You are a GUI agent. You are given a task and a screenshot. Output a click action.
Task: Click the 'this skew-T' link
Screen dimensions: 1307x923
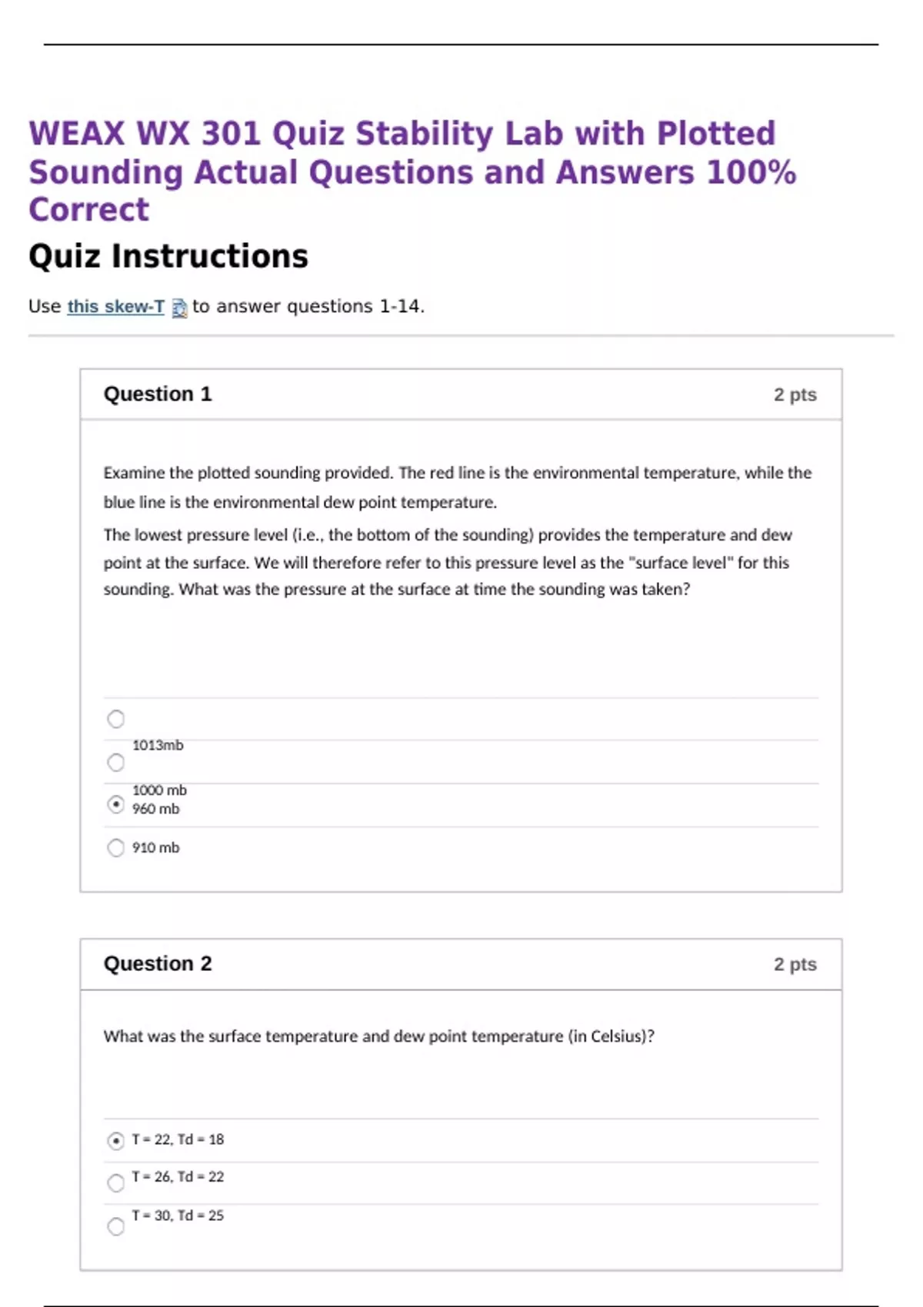(x=115, y=307)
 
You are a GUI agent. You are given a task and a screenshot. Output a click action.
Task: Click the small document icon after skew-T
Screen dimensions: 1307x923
(x=179, y=308)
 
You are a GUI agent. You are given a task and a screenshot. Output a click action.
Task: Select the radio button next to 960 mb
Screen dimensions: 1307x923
(x=115, y=804)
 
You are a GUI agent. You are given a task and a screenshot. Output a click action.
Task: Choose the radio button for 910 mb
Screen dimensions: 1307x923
(x=115, y=848)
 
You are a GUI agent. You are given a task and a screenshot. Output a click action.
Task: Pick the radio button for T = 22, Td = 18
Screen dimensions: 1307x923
(x=115, y=1141)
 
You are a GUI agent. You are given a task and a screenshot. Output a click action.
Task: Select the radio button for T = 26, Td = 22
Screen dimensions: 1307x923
(x=115, y=1182)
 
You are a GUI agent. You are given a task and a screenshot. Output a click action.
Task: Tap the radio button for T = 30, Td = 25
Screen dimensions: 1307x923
(x=115, y=1226)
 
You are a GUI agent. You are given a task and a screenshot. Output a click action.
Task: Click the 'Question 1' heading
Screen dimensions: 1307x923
(x=158, y=394)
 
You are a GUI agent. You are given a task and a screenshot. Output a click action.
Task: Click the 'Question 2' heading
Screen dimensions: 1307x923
(x=158, y=964)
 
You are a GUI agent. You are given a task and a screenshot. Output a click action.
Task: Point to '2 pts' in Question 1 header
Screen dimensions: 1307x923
(x=795, y=395)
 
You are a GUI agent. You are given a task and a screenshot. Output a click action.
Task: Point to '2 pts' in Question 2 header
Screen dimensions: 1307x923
(x=795, y=965)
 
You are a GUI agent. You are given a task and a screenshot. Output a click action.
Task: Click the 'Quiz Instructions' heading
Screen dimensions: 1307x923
(x=168, y=257)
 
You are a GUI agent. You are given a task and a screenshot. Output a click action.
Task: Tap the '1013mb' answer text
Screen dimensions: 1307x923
(x=158, y=745)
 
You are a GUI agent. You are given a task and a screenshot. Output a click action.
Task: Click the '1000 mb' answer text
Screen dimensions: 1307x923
(x=159, y=790)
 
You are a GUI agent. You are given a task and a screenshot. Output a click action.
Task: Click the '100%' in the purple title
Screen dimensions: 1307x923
(x=751, y=172)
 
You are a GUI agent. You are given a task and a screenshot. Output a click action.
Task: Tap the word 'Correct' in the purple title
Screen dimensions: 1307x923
(x=88, y=210)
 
